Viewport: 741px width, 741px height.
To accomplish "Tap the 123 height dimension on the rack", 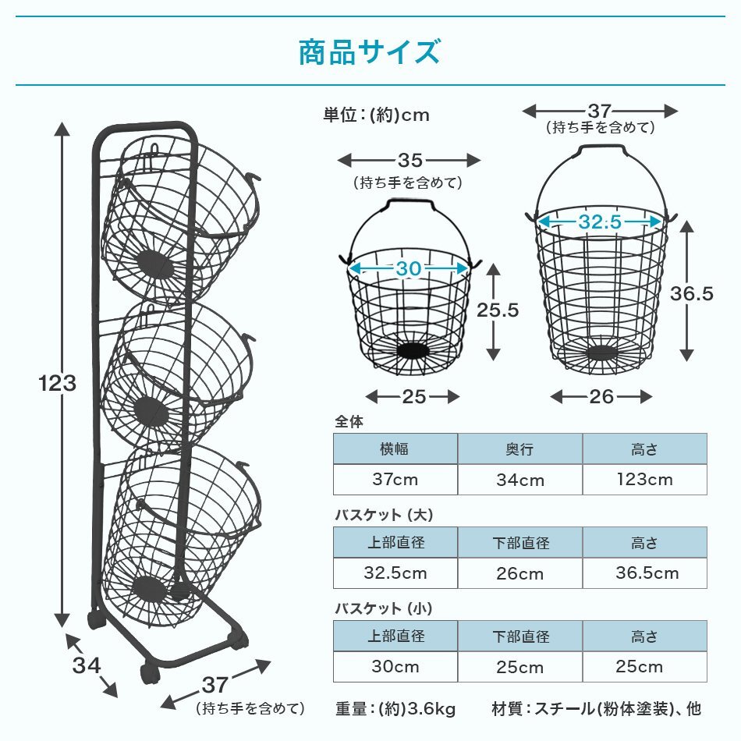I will point(58,384).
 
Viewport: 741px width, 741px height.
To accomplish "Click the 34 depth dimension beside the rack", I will point(87,665).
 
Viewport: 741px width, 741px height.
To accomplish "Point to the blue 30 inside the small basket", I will point(408,269).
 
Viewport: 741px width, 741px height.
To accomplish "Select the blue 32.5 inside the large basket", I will point(600,222).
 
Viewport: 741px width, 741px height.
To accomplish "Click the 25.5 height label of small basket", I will point(498,310).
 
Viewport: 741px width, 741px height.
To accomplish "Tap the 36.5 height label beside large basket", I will point(692,293).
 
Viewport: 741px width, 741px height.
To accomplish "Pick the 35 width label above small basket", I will point(409,161).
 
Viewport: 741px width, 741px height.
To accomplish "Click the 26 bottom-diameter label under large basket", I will point(601,397).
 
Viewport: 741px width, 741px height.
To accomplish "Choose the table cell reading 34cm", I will point(520,480).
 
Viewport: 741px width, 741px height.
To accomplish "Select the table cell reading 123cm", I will point(644,480).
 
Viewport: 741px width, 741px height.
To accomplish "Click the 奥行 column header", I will point(520,449).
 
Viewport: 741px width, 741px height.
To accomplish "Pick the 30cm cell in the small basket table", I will point(395,667).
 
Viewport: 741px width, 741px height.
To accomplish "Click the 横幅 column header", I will point(395,449).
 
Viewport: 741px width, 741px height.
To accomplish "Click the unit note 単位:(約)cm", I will point(376,115).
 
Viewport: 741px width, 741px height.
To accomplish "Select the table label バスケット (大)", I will point(383,516).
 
